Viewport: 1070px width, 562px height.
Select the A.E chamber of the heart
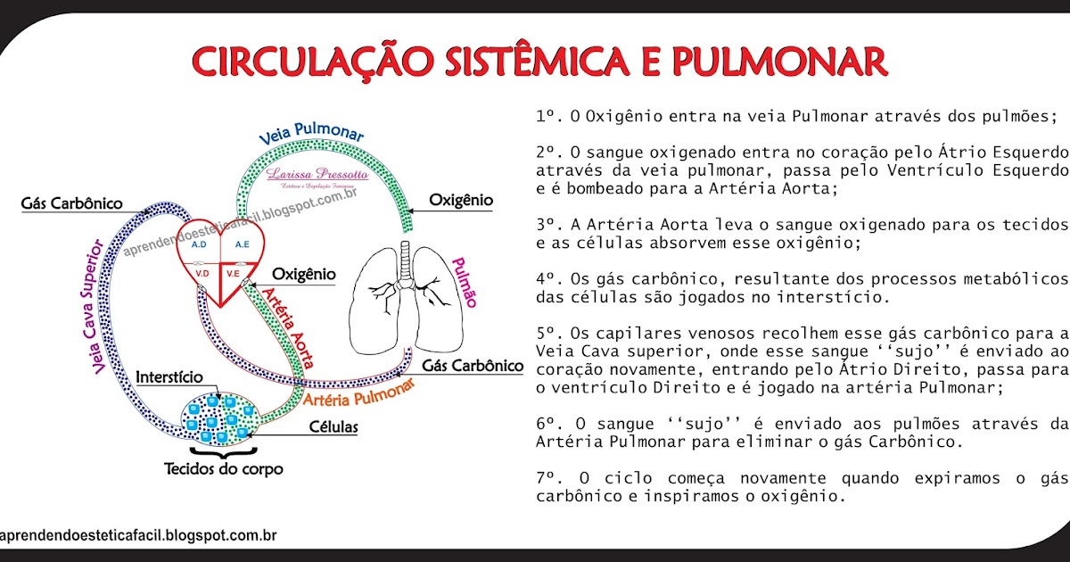coord(242,243)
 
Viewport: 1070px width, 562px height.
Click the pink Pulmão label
coord(464,282)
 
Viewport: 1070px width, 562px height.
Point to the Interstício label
coord(169,377)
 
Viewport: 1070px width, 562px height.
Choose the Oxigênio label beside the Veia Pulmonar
coord(460,200)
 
